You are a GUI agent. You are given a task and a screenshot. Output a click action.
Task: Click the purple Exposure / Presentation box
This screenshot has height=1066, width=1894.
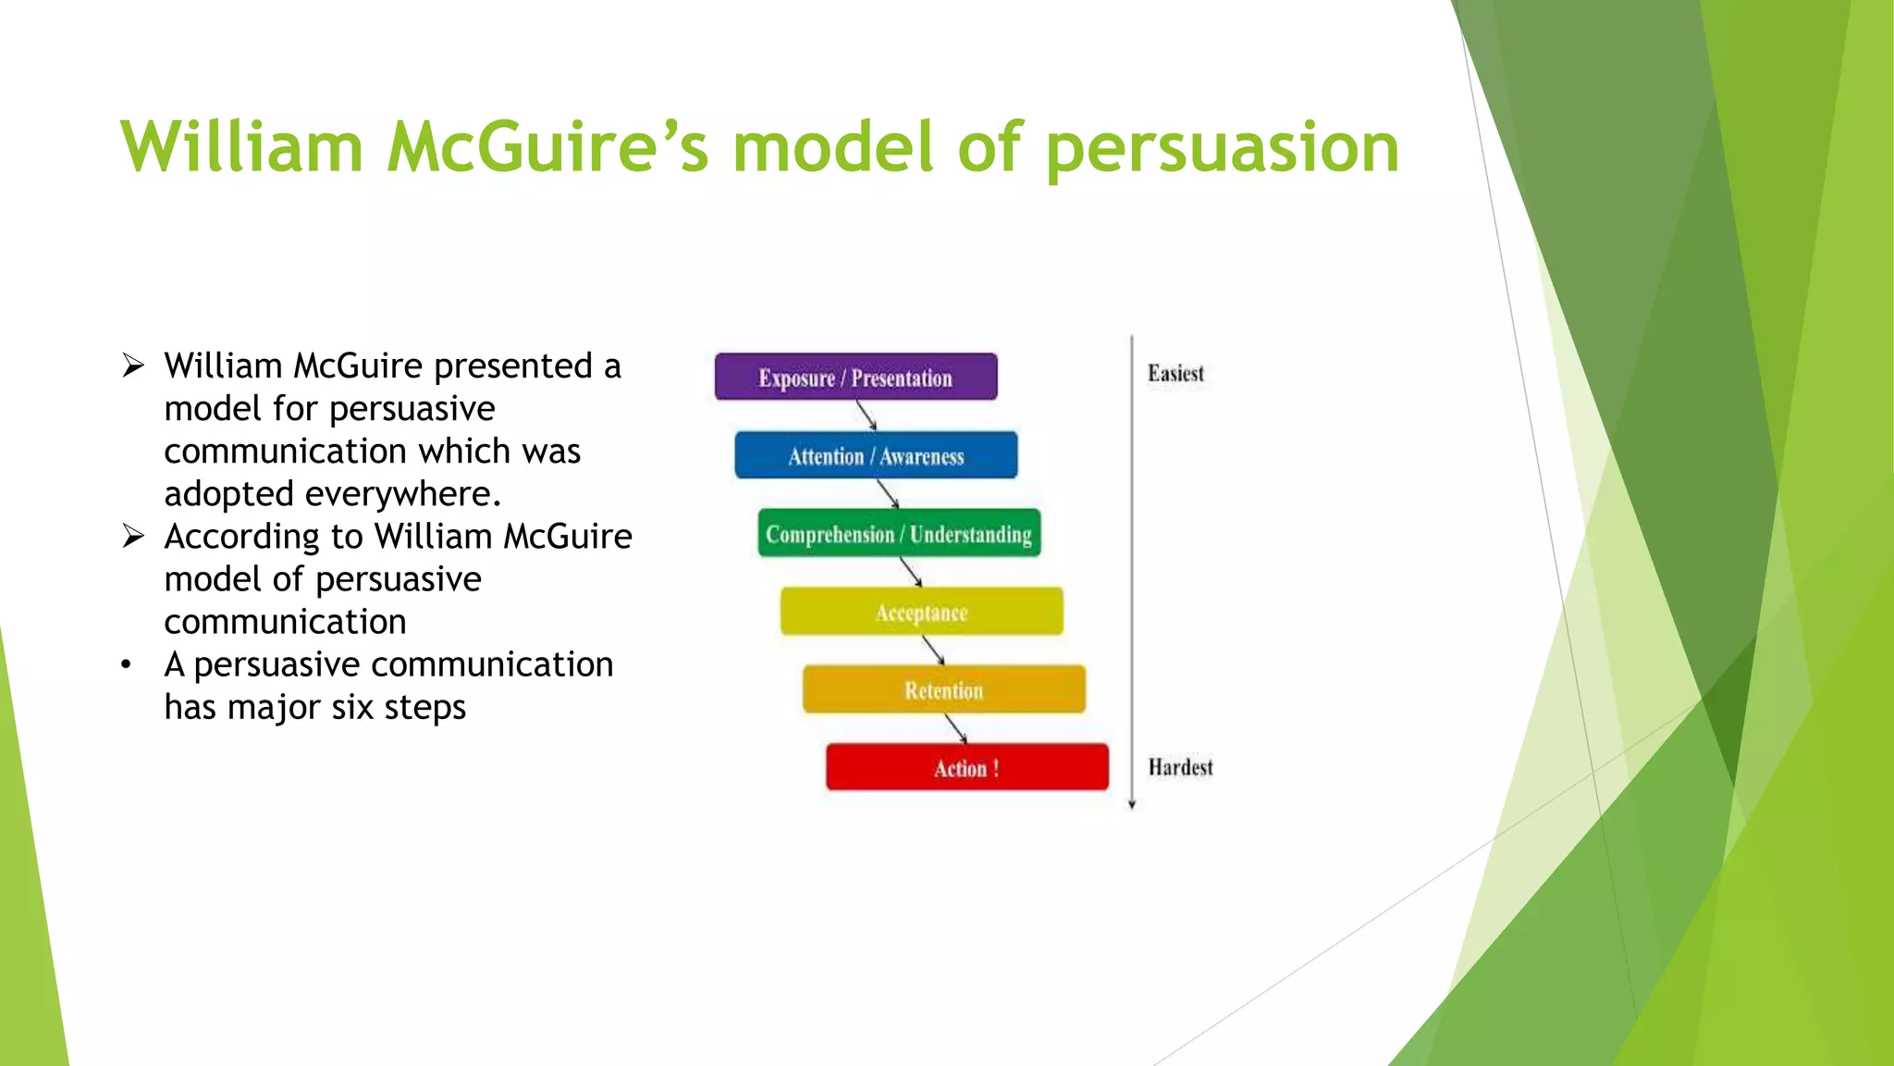(855, 377)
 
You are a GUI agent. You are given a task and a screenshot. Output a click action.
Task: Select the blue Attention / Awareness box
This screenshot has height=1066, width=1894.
(876, 455)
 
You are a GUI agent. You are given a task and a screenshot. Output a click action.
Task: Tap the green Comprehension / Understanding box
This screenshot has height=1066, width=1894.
(899, 533)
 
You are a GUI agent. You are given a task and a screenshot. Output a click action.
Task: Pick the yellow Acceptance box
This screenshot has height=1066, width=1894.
(921, 612)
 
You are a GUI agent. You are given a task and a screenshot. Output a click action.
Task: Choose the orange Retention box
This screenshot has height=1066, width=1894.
(943, 689)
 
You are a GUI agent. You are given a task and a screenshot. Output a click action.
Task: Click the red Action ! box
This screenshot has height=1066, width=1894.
(966, 767)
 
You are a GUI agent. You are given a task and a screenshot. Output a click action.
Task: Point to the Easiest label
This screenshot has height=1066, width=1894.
(1175, 374)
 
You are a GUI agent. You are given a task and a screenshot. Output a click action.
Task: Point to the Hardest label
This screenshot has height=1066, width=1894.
(1180, 767)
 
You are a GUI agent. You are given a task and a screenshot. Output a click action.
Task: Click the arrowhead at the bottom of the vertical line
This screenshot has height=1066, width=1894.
(1132, 804)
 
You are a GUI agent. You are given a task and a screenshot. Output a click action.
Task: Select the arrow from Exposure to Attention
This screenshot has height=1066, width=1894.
(867, 415)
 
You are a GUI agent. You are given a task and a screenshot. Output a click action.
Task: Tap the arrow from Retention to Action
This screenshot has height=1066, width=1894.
(956, 728)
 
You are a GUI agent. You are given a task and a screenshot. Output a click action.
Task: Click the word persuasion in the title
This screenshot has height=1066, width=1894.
(1223, 148)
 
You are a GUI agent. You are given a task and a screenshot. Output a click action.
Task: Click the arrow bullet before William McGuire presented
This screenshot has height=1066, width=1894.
(133, 366)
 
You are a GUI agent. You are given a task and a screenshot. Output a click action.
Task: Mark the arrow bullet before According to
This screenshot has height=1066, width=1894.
(133, 537)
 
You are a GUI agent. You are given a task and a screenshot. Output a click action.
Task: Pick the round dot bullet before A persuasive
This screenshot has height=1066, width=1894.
(127, 665)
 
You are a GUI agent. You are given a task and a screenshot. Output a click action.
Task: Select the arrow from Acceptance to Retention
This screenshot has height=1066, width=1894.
(934, 651)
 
